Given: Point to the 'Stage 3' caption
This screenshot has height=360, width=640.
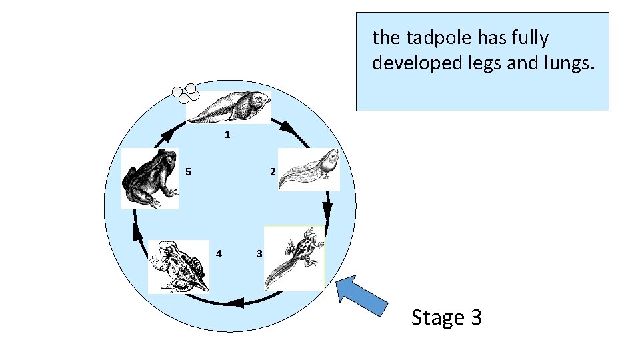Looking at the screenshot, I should click(446, 317).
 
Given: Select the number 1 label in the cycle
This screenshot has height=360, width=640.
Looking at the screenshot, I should click(227, 135).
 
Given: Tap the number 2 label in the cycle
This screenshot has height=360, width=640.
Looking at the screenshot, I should click(272, 172).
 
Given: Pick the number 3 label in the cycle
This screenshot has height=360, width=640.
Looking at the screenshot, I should click(259, 253).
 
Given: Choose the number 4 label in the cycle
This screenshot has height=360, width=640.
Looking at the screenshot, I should click(219, 253).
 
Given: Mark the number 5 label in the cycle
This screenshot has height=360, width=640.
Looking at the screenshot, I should click(189, 172).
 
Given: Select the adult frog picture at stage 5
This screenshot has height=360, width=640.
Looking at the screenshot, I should click(150, 178).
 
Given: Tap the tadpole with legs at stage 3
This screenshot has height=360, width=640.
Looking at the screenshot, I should click(294, 258).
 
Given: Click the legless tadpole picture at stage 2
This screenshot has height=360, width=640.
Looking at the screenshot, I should click(308, 169).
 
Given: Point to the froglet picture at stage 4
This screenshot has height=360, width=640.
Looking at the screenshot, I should click(177, 266).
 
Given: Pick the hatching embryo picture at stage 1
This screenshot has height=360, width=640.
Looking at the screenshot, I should click(229, 107).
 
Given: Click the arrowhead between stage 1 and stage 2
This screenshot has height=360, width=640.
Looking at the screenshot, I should click(287, 127).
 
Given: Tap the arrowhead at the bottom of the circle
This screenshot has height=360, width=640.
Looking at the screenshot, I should click(233, 305).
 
